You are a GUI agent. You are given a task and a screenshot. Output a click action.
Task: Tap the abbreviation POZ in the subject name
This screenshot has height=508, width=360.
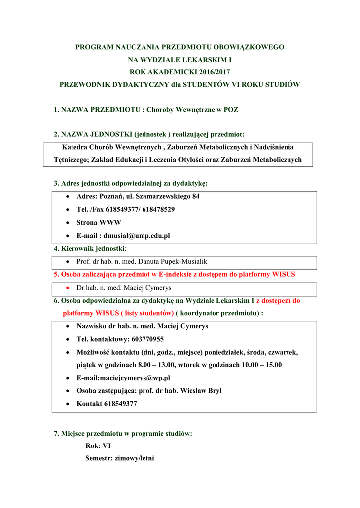tap(231, 109)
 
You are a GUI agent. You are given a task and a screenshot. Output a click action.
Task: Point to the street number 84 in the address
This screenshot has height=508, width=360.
tap(195, 196)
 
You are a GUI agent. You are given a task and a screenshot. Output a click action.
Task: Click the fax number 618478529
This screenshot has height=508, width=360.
tap(158, 209)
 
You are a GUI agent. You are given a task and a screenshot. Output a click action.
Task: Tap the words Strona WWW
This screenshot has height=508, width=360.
tap(99, 222)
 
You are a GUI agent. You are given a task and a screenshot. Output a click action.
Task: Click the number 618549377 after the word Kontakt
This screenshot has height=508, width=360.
tap(121, 404)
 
